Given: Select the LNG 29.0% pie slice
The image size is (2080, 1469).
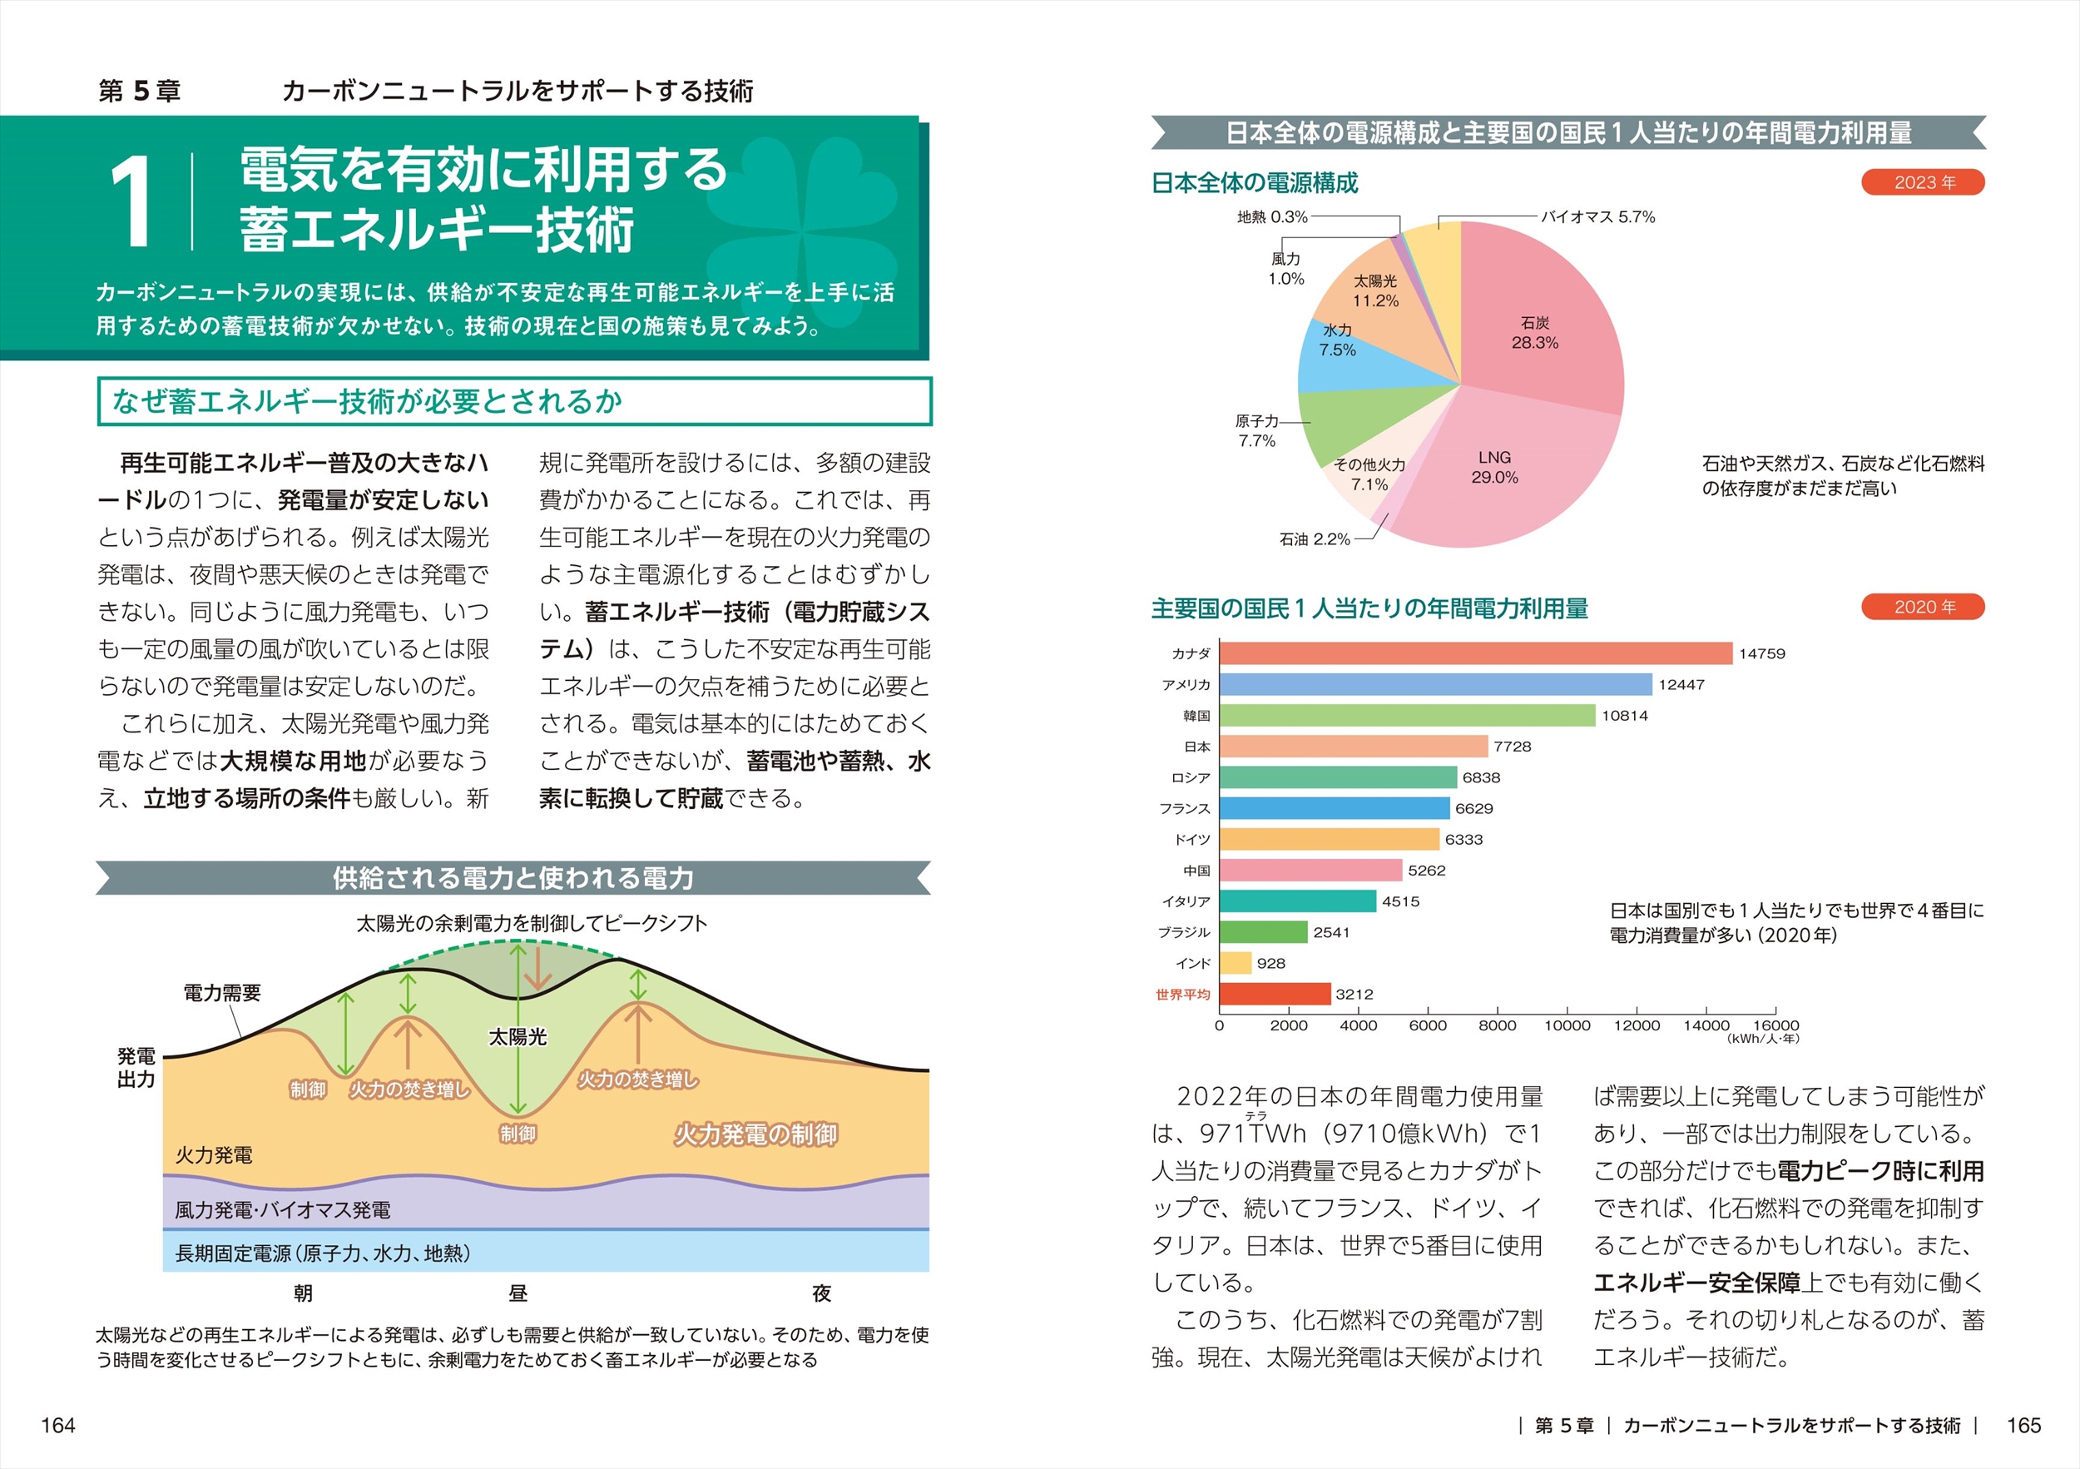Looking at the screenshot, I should (x=1503, y=480).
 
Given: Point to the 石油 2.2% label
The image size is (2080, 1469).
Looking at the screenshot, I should (x=1314, y=539).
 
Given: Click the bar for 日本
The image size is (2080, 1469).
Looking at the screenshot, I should (x=1354, y=747).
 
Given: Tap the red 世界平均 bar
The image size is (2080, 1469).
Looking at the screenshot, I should (x=1275, y=994).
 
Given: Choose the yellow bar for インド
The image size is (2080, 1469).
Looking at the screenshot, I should (x=1236, y=963).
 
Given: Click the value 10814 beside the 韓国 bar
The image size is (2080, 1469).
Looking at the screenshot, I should (x=1624, y=716).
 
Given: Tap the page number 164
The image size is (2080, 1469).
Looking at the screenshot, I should (x=58, y=1426).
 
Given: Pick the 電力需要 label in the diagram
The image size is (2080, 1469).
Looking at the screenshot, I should (x=222, y=993).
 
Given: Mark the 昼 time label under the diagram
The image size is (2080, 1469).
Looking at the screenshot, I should (x=518, y=1293).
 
